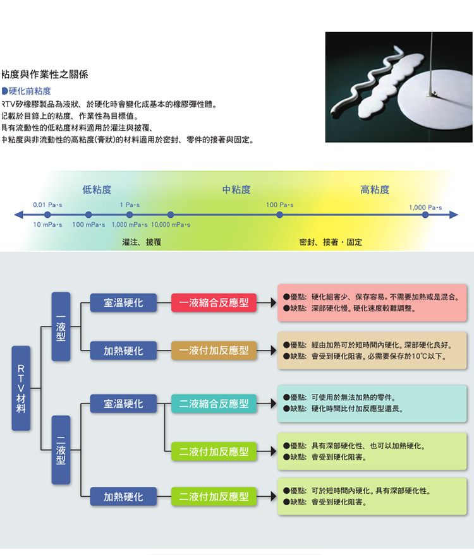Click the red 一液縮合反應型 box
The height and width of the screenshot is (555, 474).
pyautogui.click(x=214, y=302)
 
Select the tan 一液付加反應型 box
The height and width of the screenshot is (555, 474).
pyautogui.click(x=214, y=350)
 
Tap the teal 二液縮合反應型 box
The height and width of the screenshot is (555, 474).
pyautogui.click(x=214, y=403)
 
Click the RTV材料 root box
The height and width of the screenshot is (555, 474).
pyautogui.click(x=21, y=388)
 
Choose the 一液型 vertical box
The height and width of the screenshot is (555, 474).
pyautogui.click(x=61, y=326)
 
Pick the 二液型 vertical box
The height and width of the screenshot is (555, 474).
pyautogui.click(x=61, y=450)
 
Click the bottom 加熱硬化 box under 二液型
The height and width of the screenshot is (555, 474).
pyautogui.click(x=123, y=497)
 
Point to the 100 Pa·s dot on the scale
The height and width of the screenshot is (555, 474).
pyautogui.click(x=279, y=215)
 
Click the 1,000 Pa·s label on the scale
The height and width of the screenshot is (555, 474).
pyautogui.click(x=425, y=208)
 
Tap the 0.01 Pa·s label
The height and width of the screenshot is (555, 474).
pyautogui.click(x=47, y=205)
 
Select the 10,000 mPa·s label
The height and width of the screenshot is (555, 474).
pyautogui.click(x=171, y=225)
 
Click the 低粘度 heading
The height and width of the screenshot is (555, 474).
pyautogui.click(x=97, y=189)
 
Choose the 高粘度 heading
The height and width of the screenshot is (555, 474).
pyautogui.click(x=375, y=189)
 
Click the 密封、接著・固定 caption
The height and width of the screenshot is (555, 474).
pyautogui.click(x=331, y=242)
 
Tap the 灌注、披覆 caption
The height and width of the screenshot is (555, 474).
pyautogui.click(x=142, y=242)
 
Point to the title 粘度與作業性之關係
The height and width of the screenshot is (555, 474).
pyautogui.click(x=45, y=75)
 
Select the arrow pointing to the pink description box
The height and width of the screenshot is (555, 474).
pyautogui.click(x=267, y=302)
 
